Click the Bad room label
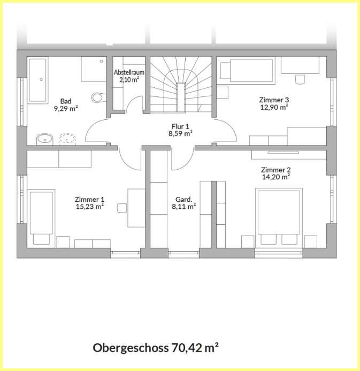pyautogui.click(x=66, y=101)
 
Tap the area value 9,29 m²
pyautogui.click(x=66, y=108)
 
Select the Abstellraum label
pyautogui.click(x=129, y=72)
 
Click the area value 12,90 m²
pyautogui.click(x=274, y=107)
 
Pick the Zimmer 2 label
pyautogui.click(x=275, y=170)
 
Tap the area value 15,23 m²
pyautogui.click(x=89, y=207)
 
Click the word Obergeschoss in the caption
pyautogui.click(x=131, y=348)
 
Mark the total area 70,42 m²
pyautogui.click(x=195, y=348)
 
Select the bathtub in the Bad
pyautogui.click(x=38, y=80)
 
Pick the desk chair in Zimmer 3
pyautogui.click(x=300, y=79)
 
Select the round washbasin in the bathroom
pyautogui.click(x=44, y=140)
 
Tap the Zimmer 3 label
pyautogui.click(x=274, y=100)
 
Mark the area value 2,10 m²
pyautogui.click(x=129, y=80)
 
